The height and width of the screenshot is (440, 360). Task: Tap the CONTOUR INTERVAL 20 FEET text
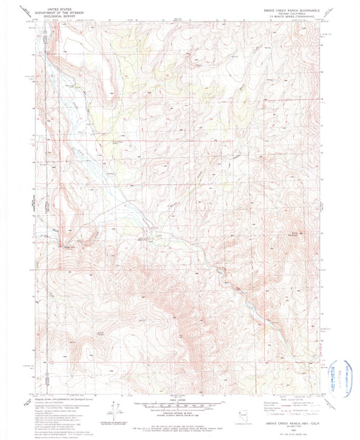(180, 414)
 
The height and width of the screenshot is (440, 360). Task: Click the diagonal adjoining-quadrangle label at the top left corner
(26, 11)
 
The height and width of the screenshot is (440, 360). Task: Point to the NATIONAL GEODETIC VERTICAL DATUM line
(180, 418)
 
